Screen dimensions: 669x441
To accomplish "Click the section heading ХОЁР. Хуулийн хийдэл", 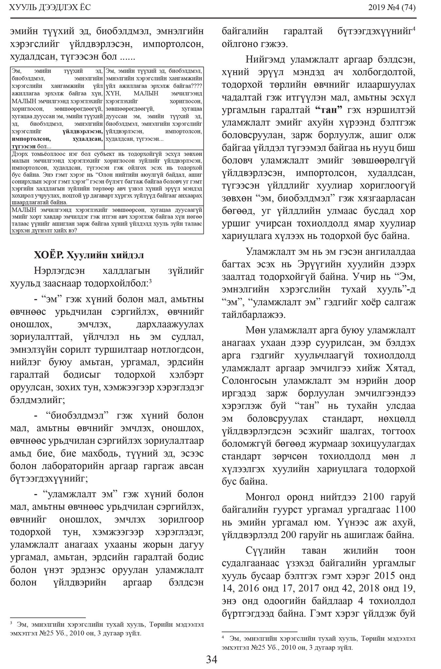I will tap(89, 255).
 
